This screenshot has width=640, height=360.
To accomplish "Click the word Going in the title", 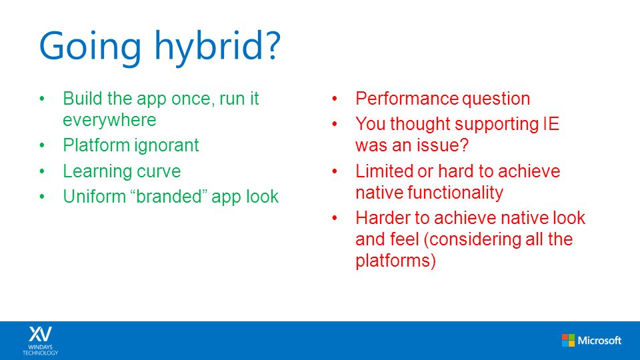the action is [x=90, y=47].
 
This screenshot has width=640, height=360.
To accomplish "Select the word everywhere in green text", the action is [x=109, y=120].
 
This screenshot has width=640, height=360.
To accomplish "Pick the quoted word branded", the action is [x=169, y=196].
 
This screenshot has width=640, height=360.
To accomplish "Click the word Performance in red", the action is [x=407, y=99].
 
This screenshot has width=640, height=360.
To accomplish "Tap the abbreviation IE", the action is [x=551, y=124].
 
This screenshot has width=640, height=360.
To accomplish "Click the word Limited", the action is [x=384, y=171].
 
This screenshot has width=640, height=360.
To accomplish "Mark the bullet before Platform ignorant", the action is [x=42, y=145].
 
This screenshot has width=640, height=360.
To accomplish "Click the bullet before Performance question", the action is [x=335, y=99].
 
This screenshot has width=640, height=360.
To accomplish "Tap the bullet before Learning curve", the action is [x=42, y=171].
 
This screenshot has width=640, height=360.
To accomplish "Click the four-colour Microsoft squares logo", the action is [x=568, y=340].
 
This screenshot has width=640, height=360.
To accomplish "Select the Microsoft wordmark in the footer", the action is [x=599, y=340].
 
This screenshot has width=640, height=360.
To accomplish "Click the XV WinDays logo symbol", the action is [x=41, y=334].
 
